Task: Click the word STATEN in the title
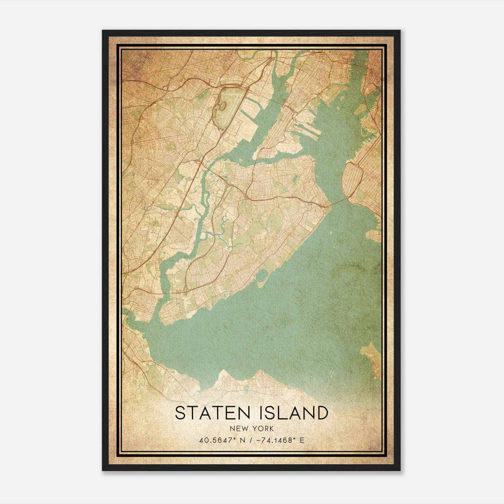214,413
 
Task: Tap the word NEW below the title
238,429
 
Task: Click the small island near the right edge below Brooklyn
375,235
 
